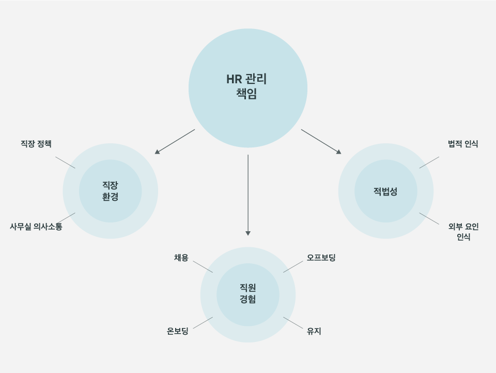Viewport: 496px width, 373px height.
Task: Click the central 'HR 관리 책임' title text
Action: tap(247, 86)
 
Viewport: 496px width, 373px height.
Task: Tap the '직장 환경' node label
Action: tap(110, 191)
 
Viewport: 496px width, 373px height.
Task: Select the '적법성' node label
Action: tap(385, 191)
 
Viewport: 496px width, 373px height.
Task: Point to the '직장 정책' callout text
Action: tap(36, 144)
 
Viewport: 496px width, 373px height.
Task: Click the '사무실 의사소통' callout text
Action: tap(36, 227)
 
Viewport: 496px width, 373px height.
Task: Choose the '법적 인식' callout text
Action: tap(463, 144)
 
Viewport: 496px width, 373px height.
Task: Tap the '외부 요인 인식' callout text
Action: tap(463, 232)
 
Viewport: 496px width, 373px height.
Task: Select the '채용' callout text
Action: tap(181, 258)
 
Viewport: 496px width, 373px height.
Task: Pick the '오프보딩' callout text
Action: tap(321, 258)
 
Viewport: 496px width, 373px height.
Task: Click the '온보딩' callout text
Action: tap(178, 332)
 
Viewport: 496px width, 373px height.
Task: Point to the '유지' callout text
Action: tap(314, 332)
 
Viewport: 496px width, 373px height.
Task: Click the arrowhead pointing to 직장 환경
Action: tap(157, 152)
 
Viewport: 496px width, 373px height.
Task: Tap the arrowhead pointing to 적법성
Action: tap(338, 152)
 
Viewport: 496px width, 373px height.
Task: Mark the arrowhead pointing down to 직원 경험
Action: tap(248, 233)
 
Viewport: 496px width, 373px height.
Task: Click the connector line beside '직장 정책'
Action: tap(65, 162)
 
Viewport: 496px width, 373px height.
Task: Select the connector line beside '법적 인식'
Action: tap(429, 162)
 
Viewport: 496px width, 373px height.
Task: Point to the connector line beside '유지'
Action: tap(293, 323)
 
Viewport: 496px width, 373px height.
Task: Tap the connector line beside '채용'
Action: tap(203, 266)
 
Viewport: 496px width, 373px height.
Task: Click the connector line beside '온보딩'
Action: tap(203, 323)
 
